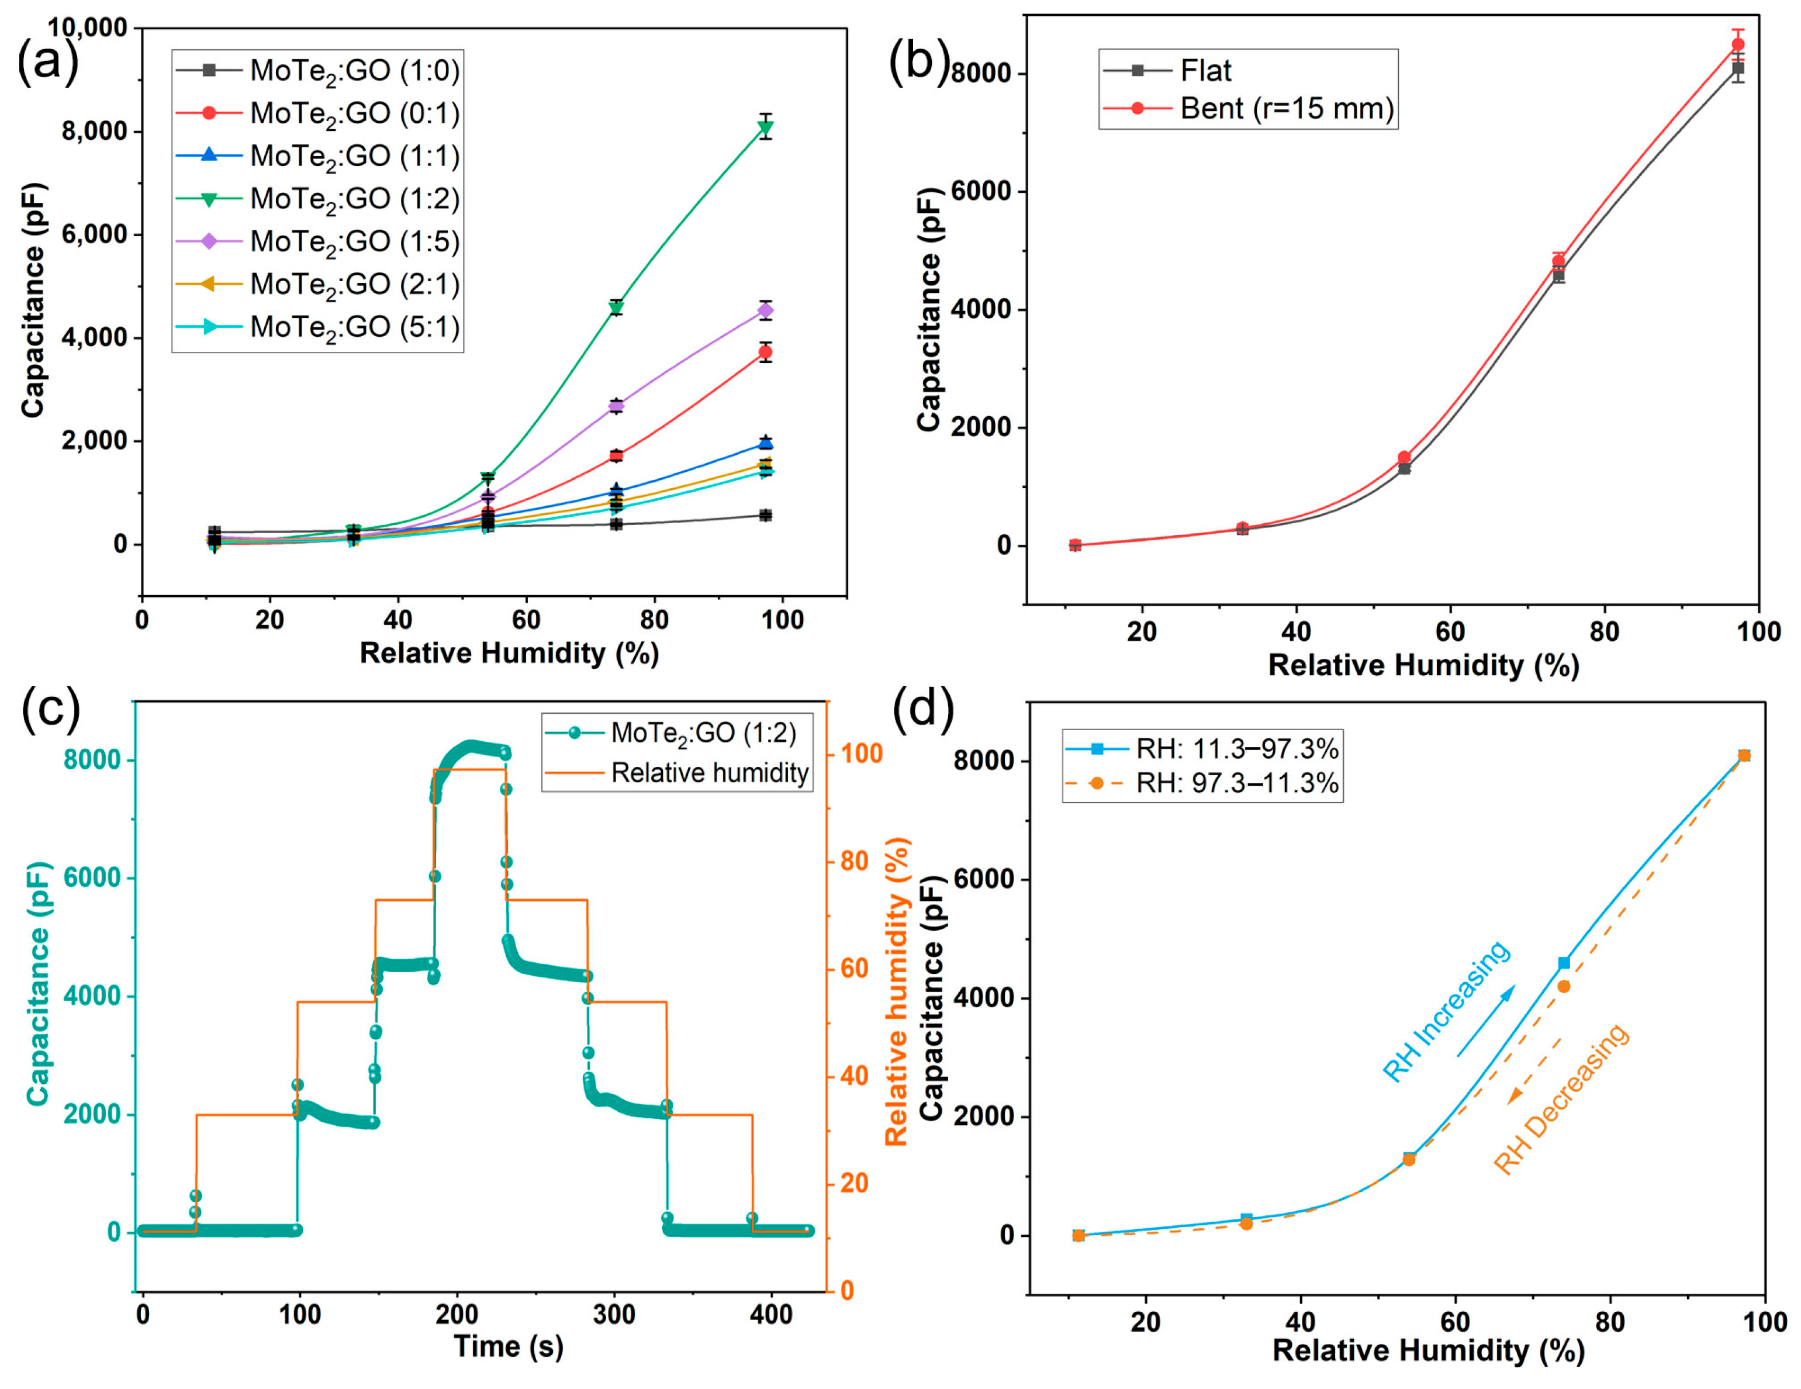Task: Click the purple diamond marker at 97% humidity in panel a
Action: pos(765,310)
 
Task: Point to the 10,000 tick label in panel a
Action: pos(88,28)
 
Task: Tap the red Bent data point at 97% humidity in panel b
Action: pos(1737,44)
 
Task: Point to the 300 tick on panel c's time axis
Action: pos(614,1315)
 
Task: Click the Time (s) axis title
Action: pos(508,1346)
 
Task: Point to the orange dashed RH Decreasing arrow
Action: pos(1536,1070)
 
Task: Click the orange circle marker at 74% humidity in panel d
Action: pos(1564,986)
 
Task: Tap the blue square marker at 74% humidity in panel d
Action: pos(1564,963)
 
